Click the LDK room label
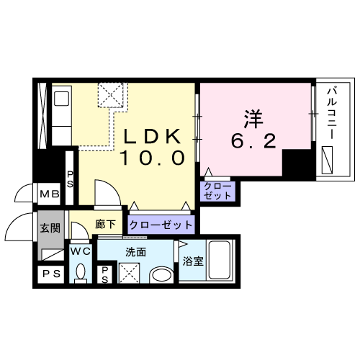152,136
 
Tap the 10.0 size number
153,158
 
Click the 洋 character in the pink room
253,120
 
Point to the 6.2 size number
253,141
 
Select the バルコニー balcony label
333,114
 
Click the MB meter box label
50,194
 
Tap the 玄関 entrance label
50,228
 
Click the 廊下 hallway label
105,224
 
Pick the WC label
81,251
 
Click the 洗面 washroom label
136,252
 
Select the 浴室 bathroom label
193,261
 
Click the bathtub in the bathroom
220,260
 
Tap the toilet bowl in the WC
81,271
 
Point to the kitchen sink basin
62,99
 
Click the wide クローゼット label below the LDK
161,225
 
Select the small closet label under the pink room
217,191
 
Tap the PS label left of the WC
51,274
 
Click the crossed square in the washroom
129,273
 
